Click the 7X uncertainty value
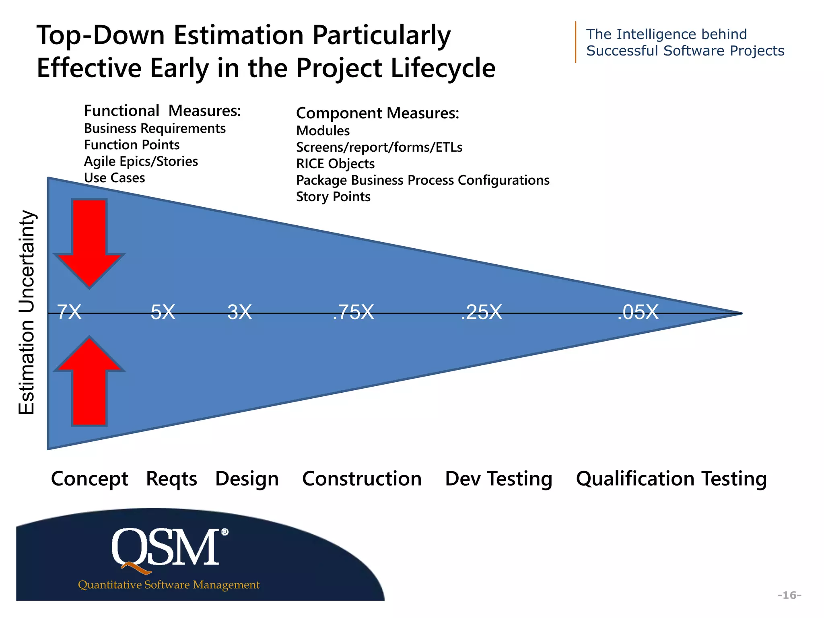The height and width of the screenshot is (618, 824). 69,312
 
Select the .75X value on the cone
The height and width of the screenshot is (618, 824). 353,312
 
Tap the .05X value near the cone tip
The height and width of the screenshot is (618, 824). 638,312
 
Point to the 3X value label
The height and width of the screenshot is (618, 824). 239,312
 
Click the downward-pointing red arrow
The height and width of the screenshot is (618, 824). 89,241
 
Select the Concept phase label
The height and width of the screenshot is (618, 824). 89,479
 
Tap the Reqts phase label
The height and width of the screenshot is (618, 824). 171,479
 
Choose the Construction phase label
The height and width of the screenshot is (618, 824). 362,479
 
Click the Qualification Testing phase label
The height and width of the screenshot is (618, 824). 671,479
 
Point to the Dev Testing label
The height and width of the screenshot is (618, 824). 499,479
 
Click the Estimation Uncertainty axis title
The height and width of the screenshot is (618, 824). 27,312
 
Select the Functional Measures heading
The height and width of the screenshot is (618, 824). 163,111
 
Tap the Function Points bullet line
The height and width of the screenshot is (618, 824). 132,145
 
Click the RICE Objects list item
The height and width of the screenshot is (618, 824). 335,164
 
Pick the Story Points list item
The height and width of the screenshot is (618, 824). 333,197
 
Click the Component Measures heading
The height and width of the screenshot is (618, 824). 377,113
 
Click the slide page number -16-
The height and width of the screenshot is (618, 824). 789,595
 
